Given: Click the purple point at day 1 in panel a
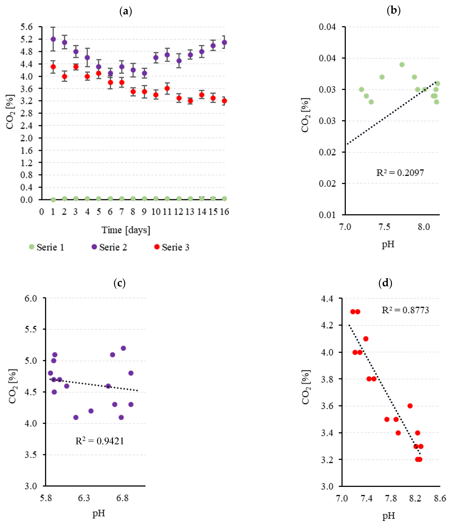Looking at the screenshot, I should pos(53,39).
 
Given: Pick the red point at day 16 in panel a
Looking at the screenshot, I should pos(224,101).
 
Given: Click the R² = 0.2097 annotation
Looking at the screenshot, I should pos(400,173).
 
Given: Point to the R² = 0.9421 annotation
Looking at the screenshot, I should pos(100,441).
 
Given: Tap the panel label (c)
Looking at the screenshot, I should pos(119,283).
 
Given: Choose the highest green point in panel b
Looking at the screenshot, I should pos(402,65).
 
